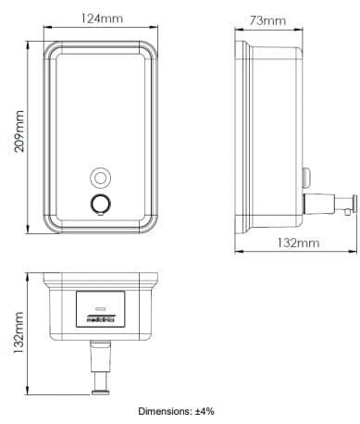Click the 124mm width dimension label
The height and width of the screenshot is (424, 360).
(102, 19)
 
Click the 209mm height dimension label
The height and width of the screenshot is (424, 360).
(19, 131)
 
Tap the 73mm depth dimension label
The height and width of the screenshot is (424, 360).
(267, 20)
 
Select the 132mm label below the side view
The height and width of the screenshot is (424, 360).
(298, 243)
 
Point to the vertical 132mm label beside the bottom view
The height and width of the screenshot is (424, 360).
(19, 333)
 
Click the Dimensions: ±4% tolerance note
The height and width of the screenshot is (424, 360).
(176, 411)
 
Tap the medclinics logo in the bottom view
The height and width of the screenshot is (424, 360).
(101, 319)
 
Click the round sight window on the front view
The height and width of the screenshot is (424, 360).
(100, 178)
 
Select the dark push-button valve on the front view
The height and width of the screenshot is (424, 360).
(100, 204)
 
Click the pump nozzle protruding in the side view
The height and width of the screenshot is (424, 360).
(330, 204)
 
